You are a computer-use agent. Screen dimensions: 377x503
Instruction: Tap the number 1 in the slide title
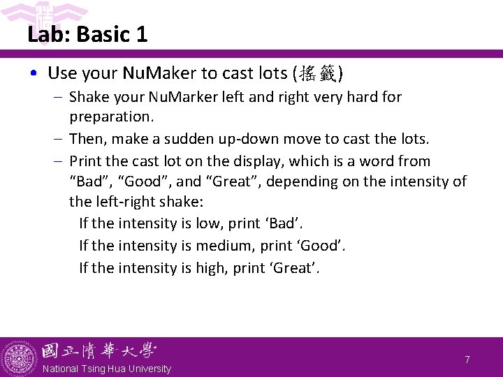[142, 34]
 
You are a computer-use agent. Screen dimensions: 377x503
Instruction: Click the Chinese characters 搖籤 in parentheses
[317, 73]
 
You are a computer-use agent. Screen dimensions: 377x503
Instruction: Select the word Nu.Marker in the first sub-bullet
[172, 97]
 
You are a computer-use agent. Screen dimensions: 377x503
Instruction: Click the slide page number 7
[467, 360]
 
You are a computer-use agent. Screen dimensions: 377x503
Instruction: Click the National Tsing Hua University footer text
[106, 369]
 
